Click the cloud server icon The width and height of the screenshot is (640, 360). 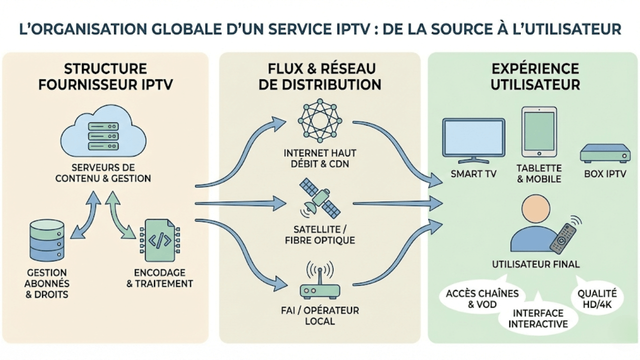(103, 131)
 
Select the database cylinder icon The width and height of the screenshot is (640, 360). (47, 240)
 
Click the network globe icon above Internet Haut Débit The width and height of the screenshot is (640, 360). (319, 120)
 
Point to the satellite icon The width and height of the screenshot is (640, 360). (319, 198)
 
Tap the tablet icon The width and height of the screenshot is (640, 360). (538, 131)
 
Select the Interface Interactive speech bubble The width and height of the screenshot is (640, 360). (538, 318)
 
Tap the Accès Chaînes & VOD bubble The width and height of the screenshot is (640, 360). (475, 299)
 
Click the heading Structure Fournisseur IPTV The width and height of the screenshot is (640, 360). (105, 76)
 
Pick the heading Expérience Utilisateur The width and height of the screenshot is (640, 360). (534, 76)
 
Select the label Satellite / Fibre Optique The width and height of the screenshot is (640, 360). (320, 235)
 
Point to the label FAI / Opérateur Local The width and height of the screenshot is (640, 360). (320, 315)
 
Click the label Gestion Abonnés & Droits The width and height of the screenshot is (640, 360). (47, 283)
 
